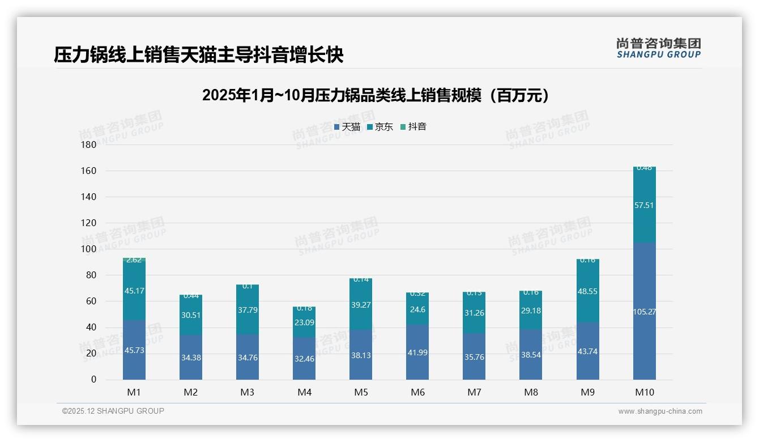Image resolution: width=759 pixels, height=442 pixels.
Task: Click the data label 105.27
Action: [x=644, y=311]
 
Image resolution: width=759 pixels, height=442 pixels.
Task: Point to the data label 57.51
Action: [x=644, y=205]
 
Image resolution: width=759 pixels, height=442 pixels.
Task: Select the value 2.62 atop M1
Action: [x=134, y=260]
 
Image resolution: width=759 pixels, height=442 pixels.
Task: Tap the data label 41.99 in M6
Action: [x=417, y=352]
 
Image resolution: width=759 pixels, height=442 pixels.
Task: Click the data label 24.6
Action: [x=417, y=309]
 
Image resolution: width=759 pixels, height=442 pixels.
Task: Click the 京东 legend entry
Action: [x=380, y=127]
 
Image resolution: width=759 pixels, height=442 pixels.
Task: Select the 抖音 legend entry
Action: [x=413, y=127]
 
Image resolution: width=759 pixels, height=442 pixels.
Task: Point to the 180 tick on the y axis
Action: [x=89, y=144]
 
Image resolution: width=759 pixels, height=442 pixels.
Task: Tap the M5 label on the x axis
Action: [x=361, y=392]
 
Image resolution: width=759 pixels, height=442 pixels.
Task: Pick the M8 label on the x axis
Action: [x=531, y=392]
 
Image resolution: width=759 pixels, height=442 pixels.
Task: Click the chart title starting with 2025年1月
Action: [x=376, y=95]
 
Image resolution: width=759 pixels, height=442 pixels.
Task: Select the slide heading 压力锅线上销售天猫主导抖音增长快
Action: [x=199, y=55]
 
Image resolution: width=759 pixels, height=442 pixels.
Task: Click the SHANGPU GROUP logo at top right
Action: [x=658, y=48]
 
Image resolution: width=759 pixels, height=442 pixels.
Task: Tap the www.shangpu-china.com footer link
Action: [x=660, y=411]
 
